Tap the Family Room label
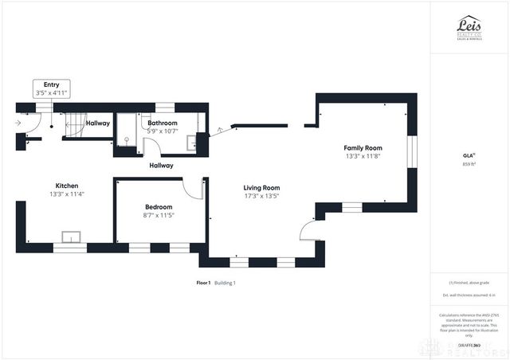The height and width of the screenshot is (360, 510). [363, 148]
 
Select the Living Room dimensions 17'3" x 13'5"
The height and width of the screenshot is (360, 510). [261, 198]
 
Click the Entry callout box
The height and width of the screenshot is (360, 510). [52, 88]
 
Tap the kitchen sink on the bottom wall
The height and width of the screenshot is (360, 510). [69, 237]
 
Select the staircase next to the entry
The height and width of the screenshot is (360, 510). [74, 123]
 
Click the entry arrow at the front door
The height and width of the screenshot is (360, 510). [18, 123]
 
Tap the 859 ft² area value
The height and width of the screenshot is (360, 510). [469, 164]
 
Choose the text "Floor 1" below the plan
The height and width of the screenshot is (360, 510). [203, 283]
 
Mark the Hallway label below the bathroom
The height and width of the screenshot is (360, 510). [162, 166]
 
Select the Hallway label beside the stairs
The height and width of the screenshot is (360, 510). [98, 123]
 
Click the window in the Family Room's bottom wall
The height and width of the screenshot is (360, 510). [351, 207]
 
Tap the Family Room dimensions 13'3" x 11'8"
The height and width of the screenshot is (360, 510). [363, 157]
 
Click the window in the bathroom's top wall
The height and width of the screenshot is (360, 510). [165, 106]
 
